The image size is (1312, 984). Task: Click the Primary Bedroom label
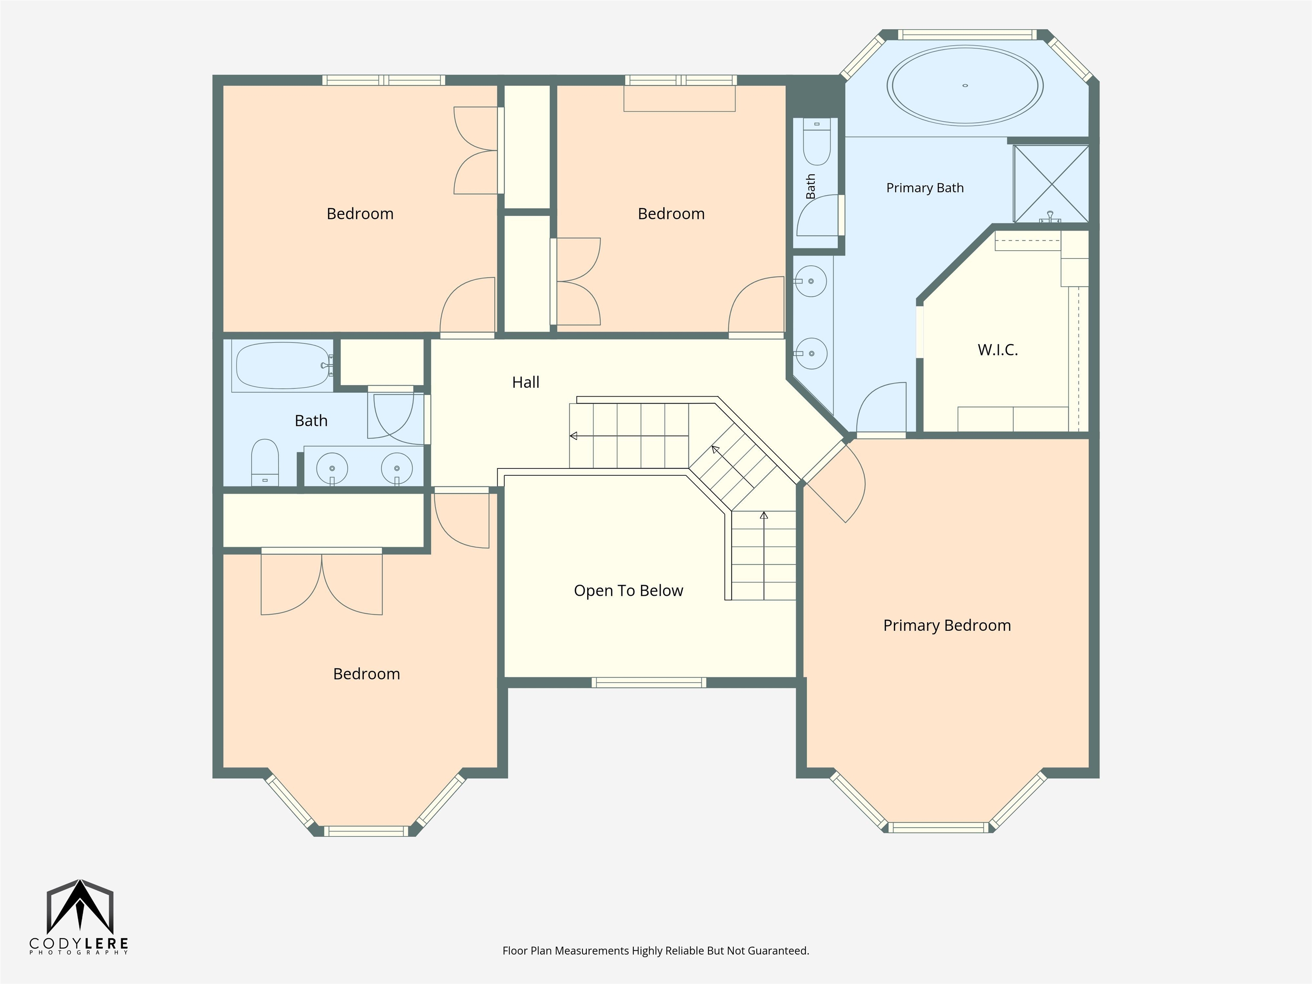pyautogui.click(x=947, y=626)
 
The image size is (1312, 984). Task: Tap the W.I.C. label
pyautogui.click(x=998, y=350)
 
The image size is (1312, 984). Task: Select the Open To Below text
pyautogui.click(x=628, y=591)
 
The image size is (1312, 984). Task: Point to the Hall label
pyautogui.click(x=525, y=383)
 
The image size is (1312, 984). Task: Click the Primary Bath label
pyautogui.click(x=925, y=188)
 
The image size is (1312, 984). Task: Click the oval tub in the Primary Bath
pyautogui.click(x=965, y=85)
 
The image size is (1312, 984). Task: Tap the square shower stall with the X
pyautogui.click(x=1051, y=184)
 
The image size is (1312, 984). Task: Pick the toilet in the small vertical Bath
pyautogui.click(x=817, y=142)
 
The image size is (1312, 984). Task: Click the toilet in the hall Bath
pyautogui.click(x=264, y=463)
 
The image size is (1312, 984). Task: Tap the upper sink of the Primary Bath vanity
pyautogui.click(x=810, y=281)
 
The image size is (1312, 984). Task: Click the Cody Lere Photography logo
pyautogui.click(x=79, y=917)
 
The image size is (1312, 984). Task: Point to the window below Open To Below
pyautogui.click(x=649, y=682)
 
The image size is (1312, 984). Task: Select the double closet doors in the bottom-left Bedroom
pyautogui.click(x=322, y=582)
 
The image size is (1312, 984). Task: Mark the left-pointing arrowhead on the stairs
pyautogui.click(x=573, y=436)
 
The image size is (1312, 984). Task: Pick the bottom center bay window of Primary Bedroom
pyautogui.click(x=938, y=827)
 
